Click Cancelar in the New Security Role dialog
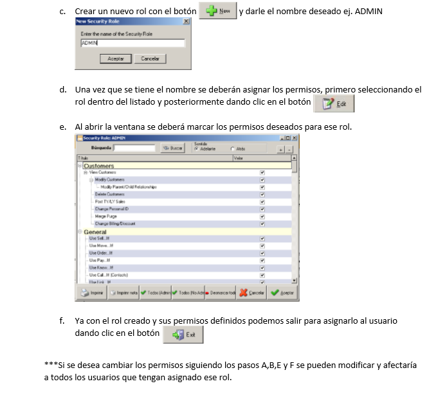[149, 58]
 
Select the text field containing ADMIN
[132, 43]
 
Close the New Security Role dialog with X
[186, 21]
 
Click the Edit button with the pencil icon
[333, 103]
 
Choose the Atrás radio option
[232, 148]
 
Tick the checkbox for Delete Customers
[262, 194]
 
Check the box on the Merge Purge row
[262, 216]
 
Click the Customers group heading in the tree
[98, 166]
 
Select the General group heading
[95, 231]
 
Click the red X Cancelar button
[252, 293]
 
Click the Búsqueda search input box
[134, 148]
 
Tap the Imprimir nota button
[124, 293]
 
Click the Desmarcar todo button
[221, 293]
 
